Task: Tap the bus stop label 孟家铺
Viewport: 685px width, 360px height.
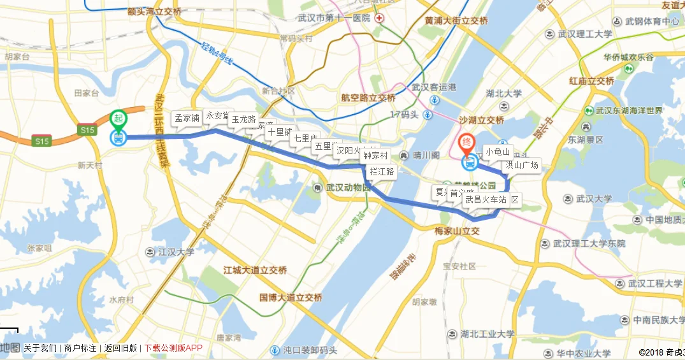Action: point(187,117)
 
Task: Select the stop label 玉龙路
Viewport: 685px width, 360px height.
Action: point(243,119)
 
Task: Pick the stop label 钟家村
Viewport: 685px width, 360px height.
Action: point(375,155)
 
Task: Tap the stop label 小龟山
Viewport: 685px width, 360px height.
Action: point(498,152)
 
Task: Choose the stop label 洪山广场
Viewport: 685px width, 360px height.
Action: point(523,166)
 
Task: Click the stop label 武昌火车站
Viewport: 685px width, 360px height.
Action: point(486,199)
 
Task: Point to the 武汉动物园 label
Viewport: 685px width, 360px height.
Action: point(348,187)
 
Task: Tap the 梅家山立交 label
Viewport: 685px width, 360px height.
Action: point(456,230)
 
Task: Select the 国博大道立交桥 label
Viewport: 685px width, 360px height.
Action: point(291,298)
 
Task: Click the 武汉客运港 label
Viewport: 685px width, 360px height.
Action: point(434,87)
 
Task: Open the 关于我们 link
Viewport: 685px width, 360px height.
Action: point(40,348)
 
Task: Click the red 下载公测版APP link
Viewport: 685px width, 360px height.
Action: point(173,348)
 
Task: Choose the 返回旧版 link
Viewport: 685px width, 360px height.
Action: point(120,348)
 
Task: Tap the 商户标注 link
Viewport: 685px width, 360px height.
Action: point(80,348)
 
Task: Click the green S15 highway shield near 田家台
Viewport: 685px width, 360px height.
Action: point(87,130)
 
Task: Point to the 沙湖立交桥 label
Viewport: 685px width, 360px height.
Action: point(481,120)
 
